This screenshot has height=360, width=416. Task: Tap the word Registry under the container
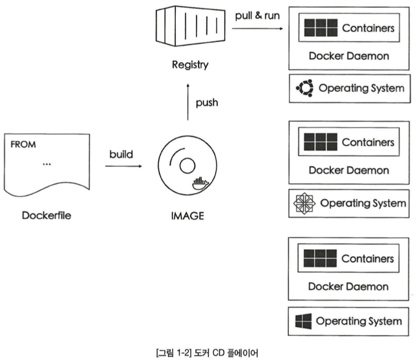point(190,65)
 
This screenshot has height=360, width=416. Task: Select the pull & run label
point(257,15)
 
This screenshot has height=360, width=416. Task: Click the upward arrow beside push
point(187,103)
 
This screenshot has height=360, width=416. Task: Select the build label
point(121,154)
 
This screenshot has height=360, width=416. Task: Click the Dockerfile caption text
point(48,215)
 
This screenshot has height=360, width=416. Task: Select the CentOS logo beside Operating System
point(303,203)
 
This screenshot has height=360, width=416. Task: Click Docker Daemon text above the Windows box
point(348,287)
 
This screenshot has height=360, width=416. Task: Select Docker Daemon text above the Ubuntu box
point(348,55)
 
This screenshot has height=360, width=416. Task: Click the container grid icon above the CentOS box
point(317,142)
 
